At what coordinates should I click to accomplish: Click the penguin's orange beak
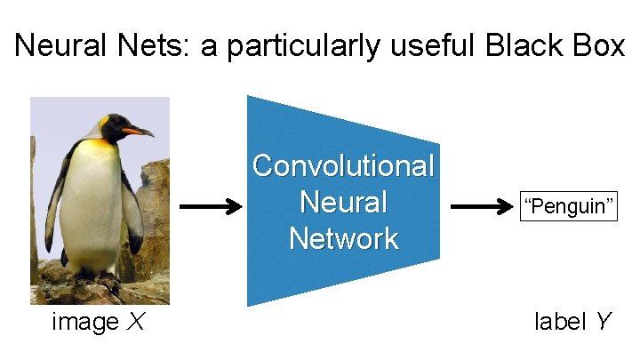click(x=137, y=131)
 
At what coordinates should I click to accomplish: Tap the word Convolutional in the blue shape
click(x=343, y=165)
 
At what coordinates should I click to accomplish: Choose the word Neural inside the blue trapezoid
click(x=343, y=202)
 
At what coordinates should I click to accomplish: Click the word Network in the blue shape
click(x=343, y=238)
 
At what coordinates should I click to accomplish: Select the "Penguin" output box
click(x=569, y=208)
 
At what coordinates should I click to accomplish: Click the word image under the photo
click(x=84, y=322)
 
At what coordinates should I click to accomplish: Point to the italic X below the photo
click(x=136, y=322)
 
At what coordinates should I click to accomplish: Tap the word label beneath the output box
click(x=559, y=322)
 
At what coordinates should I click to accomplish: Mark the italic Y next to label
click(x=604, y=322)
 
